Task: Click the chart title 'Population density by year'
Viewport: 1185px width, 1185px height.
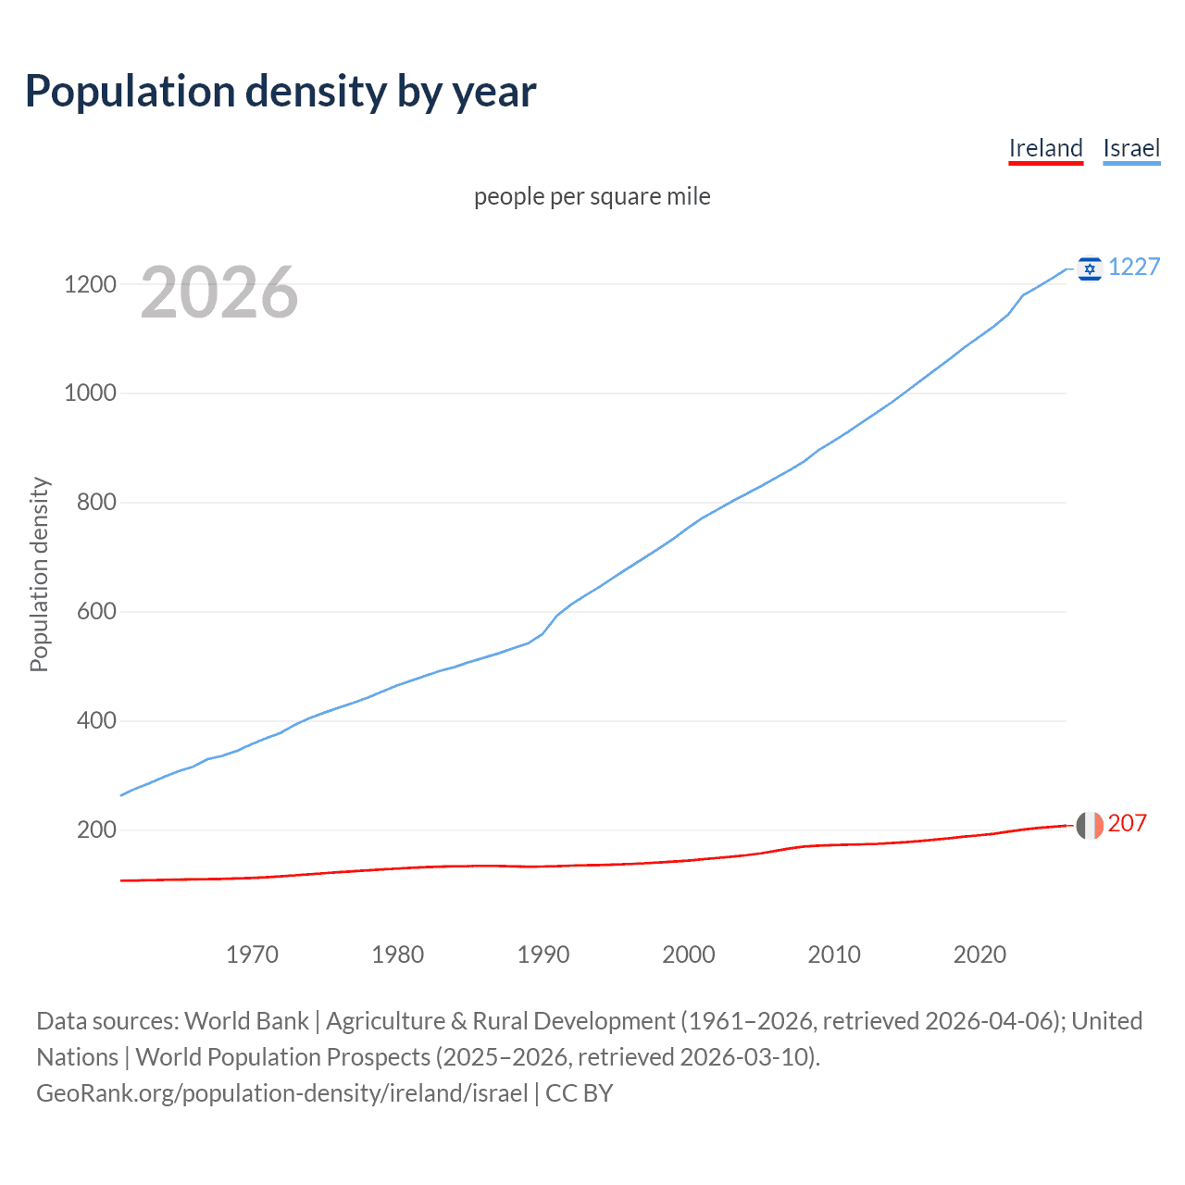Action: (281, 92)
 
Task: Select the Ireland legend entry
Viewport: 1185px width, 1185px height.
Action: (1045, 148)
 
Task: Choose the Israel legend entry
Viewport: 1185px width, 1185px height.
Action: (1131, 148)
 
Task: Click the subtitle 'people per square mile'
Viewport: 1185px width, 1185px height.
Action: (592, 196)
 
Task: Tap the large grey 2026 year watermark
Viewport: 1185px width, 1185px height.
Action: (219, 293)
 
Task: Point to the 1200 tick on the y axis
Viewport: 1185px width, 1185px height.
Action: (90, 284)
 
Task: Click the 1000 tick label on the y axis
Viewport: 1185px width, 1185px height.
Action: (90, 393)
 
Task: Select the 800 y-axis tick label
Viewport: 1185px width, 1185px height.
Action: (96, 503)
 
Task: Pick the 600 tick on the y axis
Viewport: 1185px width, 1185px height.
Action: (96, 612)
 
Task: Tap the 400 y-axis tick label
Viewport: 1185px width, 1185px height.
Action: (96, 720)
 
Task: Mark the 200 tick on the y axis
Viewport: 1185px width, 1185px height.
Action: (96, 829)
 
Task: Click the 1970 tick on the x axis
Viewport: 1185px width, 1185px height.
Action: (252, 954)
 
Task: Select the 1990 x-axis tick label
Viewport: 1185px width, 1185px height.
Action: (543, 954)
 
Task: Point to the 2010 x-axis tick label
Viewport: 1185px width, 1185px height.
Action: (834, 954)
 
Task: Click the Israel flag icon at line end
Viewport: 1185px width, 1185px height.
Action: (1090, 268)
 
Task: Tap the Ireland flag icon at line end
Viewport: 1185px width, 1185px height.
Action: (1090, 825)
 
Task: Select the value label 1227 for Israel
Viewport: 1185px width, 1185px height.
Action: (1134, 268)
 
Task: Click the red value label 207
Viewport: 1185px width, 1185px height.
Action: (1128, 823)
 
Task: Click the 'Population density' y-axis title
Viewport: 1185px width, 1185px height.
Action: (39, 574)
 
